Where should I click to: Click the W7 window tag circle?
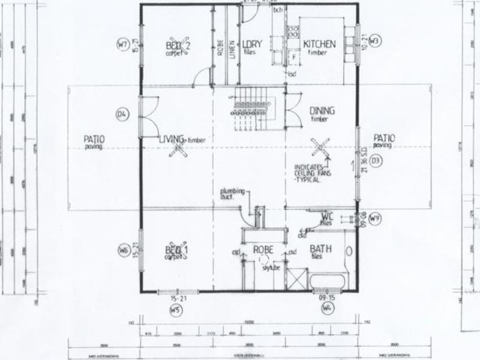[123, 44]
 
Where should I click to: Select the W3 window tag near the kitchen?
[374, 41]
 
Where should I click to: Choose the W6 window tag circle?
[124, 250]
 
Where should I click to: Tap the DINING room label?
[322, 111]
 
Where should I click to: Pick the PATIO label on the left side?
[94, 139]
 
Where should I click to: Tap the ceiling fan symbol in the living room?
[178, 148]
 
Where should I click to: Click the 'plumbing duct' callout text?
[233, 192]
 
